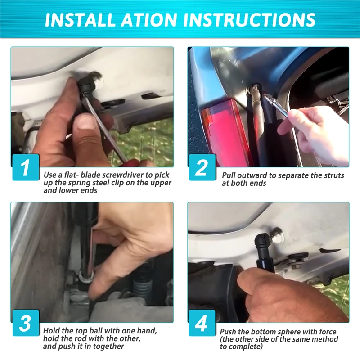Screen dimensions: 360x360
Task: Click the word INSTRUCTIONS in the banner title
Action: click(249, 19)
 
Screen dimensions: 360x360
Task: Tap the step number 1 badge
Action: click(26, 167)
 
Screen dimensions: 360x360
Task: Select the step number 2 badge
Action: click(202, 167)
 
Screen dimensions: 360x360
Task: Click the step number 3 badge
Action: click(26, 323)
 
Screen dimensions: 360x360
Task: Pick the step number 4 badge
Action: click(202, 323)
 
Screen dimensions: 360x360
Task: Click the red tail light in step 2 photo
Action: click(227, 131)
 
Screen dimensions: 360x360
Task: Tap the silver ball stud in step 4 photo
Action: click(277, 236)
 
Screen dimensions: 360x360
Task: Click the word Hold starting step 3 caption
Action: click(52, 331)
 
